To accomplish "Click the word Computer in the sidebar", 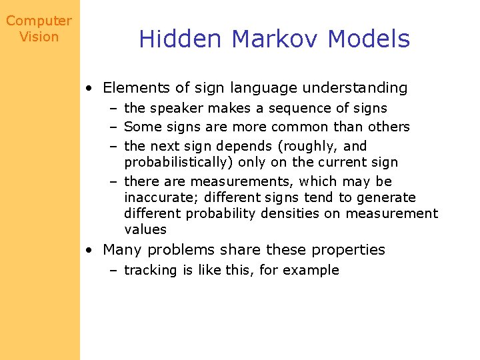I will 39,21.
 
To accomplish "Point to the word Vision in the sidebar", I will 39,37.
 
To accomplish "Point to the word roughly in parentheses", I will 312,146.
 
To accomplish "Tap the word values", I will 145,229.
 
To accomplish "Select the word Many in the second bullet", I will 122,250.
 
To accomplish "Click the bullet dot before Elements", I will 89,88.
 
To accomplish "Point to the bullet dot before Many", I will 89,251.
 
